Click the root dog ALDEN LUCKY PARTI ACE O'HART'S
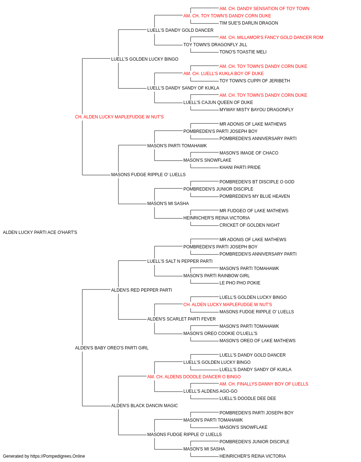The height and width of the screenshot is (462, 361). point(40,232)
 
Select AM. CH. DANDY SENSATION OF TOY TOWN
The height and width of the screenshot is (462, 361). point(264,9)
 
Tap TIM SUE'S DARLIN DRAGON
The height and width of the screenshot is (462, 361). point(248,23)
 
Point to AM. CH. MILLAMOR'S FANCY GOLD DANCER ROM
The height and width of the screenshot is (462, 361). point(271,38)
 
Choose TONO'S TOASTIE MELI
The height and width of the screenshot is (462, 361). point(243,52)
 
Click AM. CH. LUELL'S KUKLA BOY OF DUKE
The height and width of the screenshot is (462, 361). point(223,74)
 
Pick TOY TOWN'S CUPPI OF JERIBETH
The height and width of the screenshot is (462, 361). point(255,81)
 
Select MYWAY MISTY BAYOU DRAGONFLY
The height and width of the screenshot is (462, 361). point(256,110)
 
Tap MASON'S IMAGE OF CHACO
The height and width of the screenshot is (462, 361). point(249,153)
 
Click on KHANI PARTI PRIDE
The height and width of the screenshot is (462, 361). point(240,167)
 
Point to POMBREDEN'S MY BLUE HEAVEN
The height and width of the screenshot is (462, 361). point(255,196)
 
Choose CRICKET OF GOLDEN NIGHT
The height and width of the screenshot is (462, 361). point(249,225)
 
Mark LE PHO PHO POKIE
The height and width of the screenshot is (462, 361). point(240,283)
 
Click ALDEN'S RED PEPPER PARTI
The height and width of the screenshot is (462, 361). point(142,290)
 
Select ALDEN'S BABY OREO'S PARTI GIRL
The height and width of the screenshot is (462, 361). point(112,348)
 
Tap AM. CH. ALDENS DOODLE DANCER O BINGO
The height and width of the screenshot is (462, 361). point(194,377)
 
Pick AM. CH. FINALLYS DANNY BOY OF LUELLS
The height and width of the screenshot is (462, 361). point(264,384)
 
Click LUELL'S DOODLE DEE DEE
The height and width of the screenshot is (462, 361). point(248,398)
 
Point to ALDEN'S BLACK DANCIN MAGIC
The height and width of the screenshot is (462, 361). point(144,406)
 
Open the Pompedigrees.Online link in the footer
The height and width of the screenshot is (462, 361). point(57,456)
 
